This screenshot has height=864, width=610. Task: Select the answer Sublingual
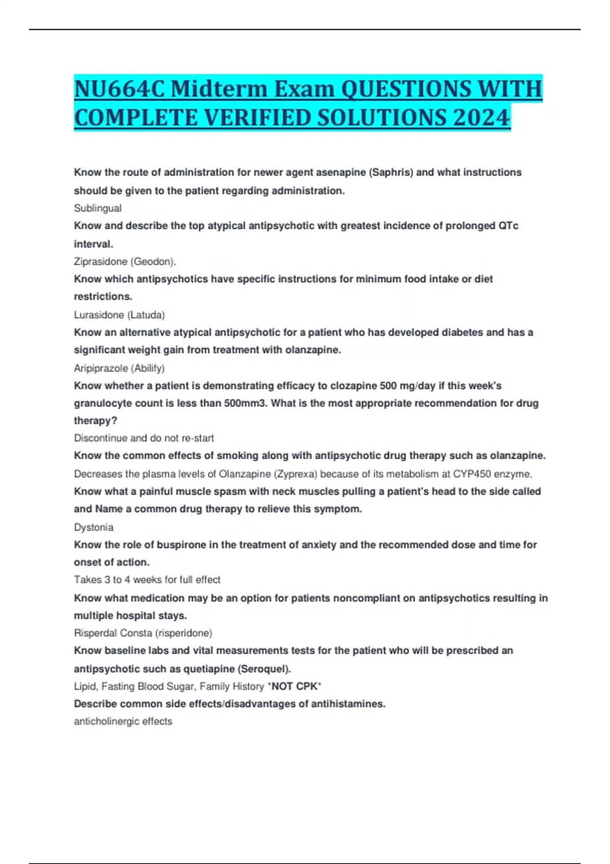tap(98, 208)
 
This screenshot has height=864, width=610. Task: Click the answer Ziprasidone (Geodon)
tap(125, 262)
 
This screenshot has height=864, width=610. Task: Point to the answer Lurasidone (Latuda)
tap(119, 315)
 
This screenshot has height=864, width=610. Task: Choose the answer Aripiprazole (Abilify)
tap(119, 368)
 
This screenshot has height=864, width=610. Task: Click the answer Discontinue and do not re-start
tap(144, 438)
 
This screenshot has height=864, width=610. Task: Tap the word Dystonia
tap(94, 528)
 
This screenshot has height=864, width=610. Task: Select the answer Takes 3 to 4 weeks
tap(147, 580)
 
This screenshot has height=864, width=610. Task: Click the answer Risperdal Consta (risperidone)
tap(143, 633)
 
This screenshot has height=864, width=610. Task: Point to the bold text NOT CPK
tap(295, 687)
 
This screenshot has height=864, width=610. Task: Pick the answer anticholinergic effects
tap(123, 722)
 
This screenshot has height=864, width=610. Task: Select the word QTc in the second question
tap(508, 226)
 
